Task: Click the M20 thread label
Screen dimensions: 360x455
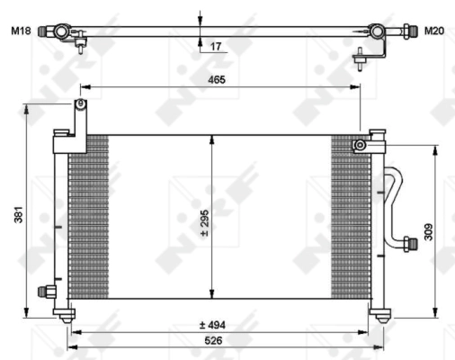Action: (x=434, y=31)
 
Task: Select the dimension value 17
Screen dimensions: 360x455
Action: (x=216, y=47)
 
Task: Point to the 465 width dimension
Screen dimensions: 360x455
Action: (x=216, y=80)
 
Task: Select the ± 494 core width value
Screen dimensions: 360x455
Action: (x=212, y=325)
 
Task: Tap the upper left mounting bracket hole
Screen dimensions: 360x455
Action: (x=80, y=106)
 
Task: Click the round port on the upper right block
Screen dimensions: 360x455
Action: (x=358, y=145)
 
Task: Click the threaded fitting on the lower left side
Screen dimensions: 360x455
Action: (x=43, y=291)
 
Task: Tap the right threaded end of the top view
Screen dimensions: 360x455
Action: (x=409, y=32)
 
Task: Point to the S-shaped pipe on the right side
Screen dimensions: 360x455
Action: (x=393, y=202)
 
